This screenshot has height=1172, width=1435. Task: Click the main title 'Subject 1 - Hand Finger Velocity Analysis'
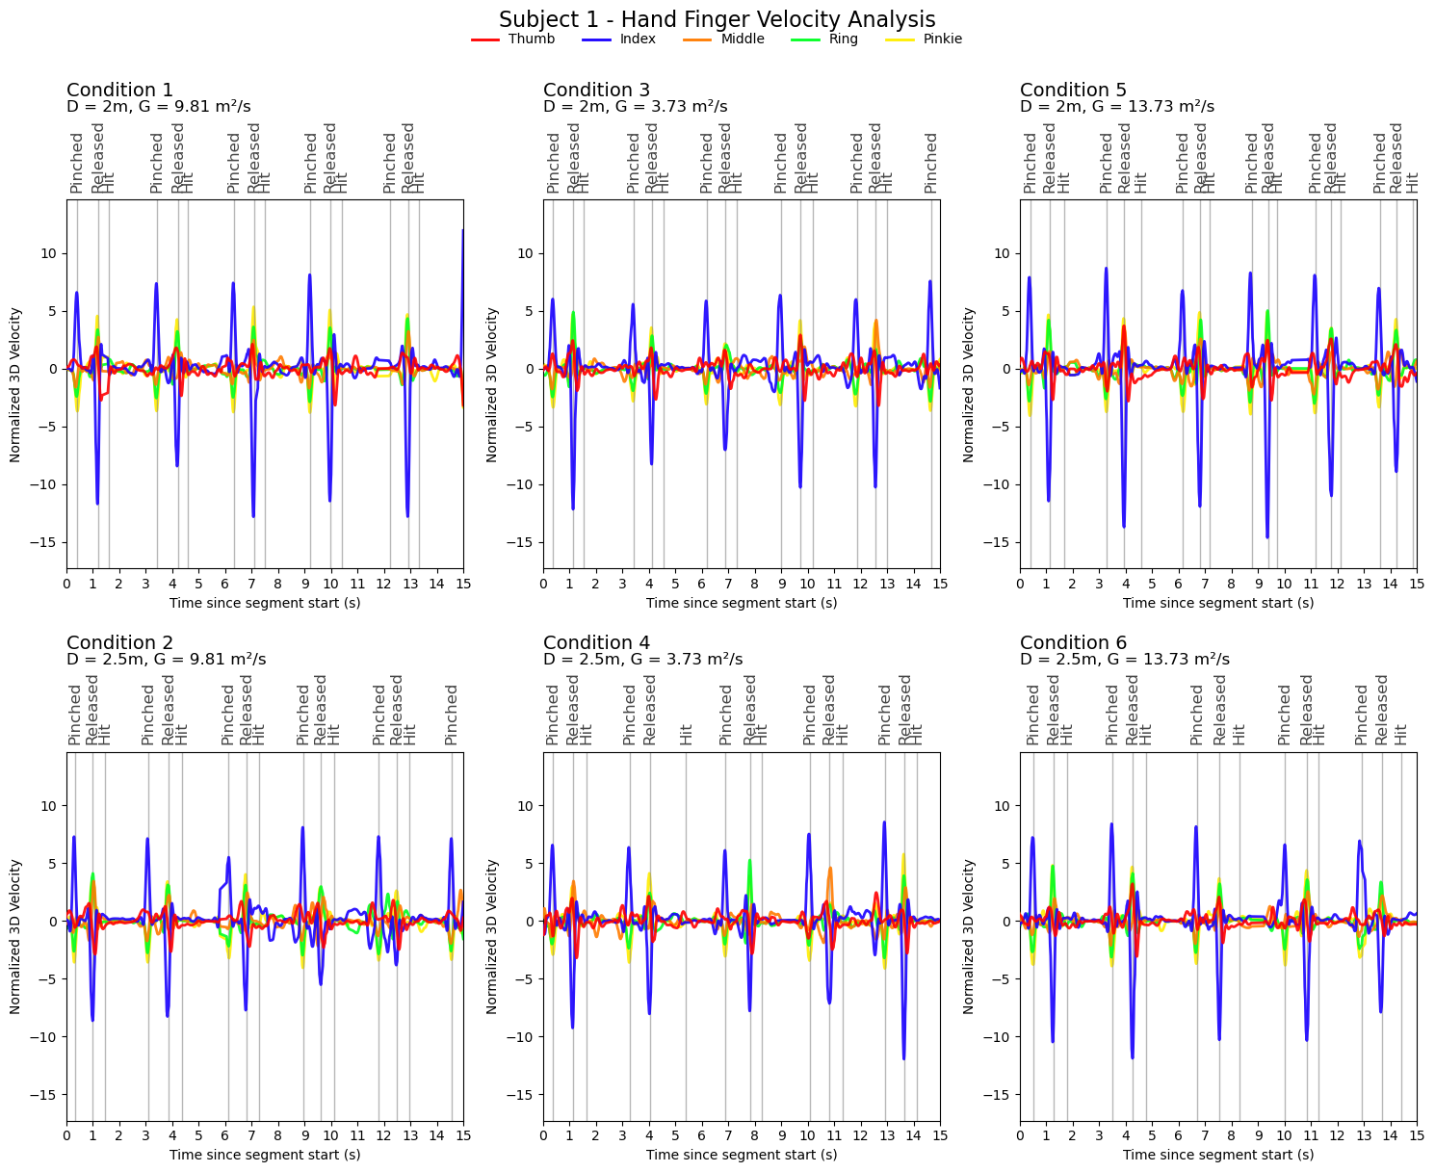point(717,19)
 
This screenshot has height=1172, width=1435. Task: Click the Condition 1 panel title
point(119,91)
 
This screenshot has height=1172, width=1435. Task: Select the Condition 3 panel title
point(596,91)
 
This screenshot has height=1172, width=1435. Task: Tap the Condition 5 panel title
point(1073,91)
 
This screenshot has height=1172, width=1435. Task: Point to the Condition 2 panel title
point(119,643)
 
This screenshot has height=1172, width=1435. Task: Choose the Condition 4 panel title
point(596,643)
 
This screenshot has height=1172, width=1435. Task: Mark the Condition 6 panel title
point(1073,643)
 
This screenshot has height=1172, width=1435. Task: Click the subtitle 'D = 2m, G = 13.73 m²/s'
point(1117,107)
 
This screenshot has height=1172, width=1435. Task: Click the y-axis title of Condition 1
point(16,384)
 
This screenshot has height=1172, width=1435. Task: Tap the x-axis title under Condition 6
point(1218,1155)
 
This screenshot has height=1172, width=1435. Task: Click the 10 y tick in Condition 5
point(1005,253)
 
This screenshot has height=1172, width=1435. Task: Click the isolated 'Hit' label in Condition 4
point(687,734)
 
